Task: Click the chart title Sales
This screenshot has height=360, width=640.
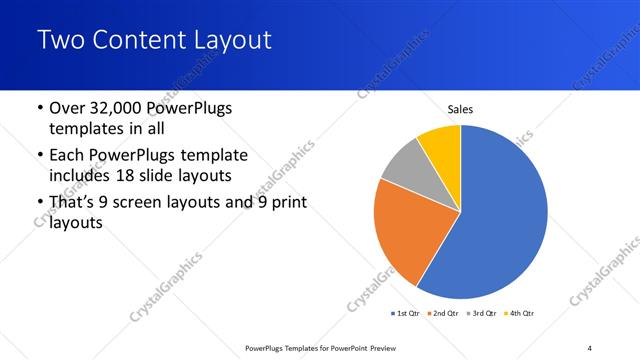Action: tap(460, 110)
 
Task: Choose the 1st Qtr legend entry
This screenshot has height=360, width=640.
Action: tap(408, 314)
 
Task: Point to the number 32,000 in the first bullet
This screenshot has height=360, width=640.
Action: tap(126, 108)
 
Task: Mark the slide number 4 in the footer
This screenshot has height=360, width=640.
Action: tap(590, 348)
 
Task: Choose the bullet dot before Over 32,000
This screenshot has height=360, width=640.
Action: tap(38, 108)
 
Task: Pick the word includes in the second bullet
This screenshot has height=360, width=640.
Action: tap(81, 176)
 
